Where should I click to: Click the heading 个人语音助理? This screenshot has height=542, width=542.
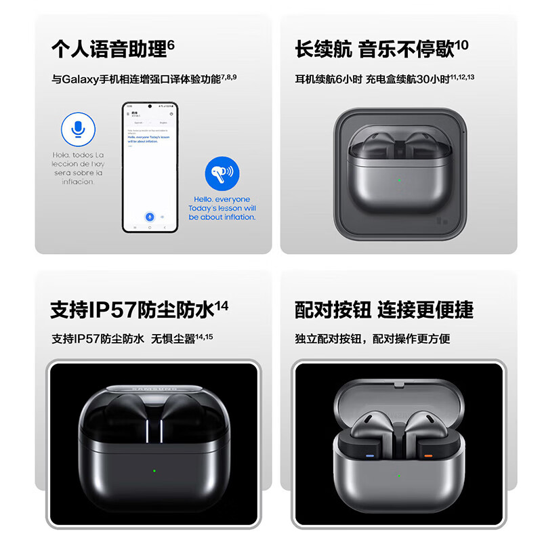coord(108,49)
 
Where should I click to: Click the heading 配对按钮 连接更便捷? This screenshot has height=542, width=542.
coord(384,310)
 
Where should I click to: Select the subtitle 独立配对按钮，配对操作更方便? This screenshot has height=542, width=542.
coord(373,339)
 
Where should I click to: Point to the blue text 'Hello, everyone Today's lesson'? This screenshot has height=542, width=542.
coord(222,208)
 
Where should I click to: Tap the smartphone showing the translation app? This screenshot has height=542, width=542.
coord(150,167)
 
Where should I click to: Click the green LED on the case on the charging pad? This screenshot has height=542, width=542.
coord(400,180)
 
